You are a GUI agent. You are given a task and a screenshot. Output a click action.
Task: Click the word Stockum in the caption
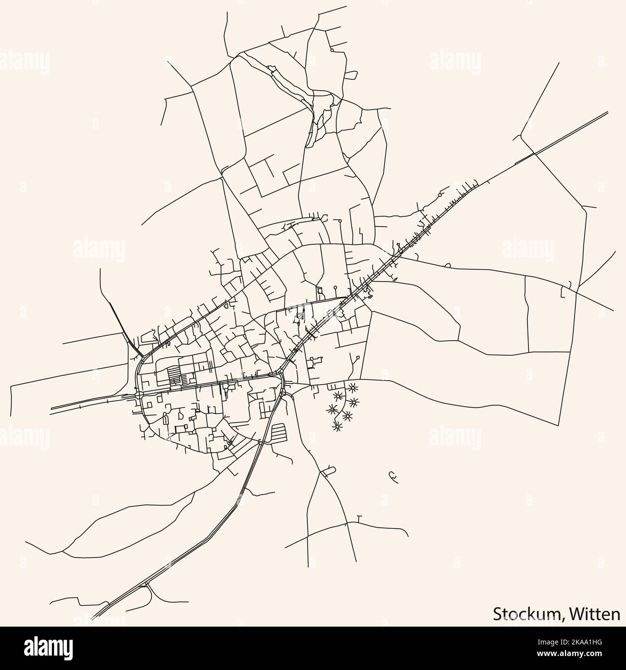coord(527,614)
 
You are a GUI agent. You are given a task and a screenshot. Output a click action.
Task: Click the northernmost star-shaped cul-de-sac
coord(353,387)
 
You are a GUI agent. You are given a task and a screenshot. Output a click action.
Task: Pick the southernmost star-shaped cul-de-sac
coord(337,426)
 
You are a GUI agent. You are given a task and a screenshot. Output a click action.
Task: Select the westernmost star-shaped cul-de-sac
coord(331,409)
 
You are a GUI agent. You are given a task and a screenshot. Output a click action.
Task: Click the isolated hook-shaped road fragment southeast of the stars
coord(393,476)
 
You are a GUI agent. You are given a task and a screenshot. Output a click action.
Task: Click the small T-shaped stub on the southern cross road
coord(359,518)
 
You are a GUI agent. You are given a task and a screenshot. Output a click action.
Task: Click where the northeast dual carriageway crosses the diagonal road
coord(535,154)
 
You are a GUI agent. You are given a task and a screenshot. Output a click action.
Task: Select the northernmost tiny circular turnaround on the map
coord(332,50)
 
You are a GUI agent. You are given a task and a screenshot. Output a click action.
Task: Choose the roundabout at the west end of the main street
coord(139,395)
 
